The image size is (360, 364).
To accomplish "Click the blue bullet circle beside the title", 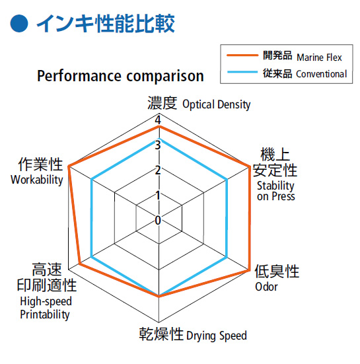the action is (19, 23).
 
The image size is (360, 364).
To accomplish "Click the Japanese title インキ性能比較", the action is (106, 23).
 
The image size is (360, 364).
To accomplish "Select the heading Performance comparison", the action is (120, 76).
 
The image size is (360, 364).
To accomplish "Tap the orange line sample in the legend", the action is (242, 55).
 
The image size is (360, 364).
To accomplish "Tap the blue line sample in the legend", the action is (242, 72).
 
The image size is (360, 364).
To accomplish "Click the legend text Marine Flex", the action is (320, 57).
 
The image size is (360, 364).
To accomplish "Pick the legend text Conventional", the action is (322, 74).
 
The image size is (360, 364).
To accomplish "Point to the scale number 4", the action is (158, 120).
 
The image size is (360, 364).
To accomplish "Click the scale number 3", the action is (158, 145).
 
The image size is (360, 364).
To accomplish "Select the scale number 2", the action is (158, 170).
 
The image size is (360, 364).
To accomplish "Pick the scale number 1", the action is (158, 196).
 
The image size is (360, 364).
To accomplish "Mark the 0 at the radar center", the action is (158, 220).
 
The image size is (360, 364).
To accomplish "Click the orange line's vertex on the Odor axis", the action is (249, 270).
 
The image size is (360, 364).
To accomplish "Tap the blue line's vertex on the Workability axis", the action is (91, 180).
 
